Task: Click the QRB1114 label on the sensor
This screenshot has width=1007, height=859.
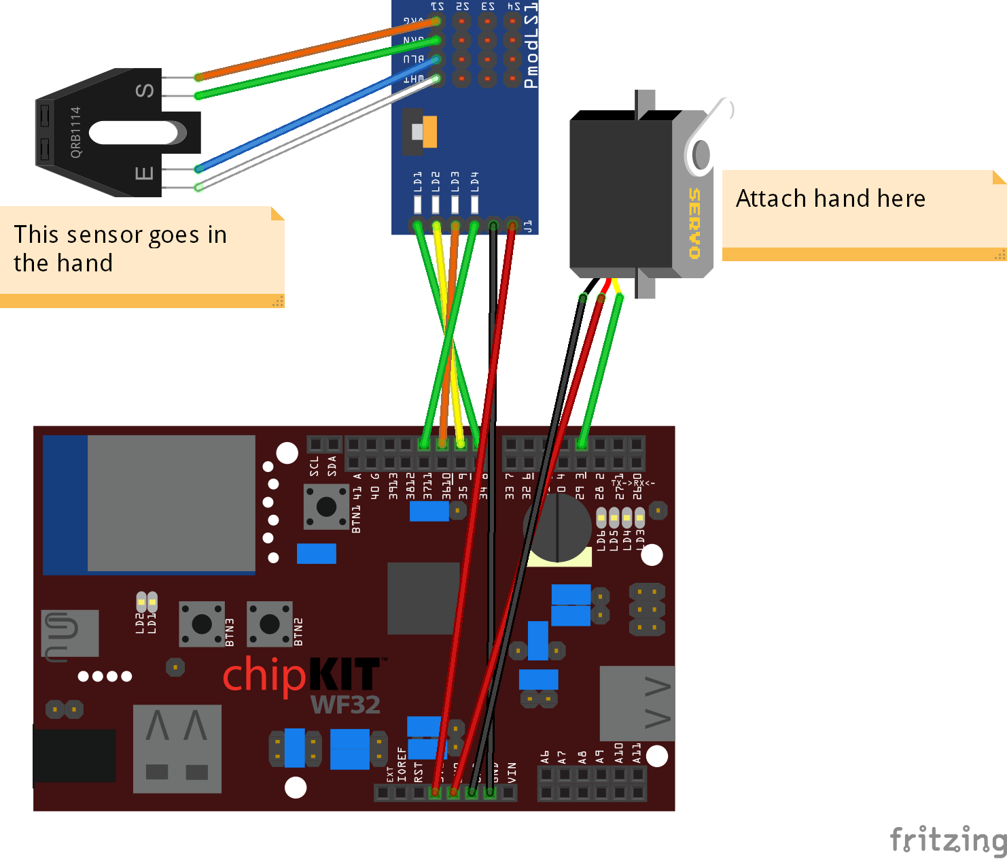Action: (x=75, y=132)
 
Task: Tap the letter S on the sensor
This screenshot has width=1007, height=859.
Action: (x=145, y=90)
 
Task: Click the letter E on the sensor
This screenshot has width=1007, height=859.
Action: (x=144, y=173)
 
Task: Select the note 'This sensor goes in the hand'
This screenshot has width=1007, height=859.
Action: (x=120, y=249)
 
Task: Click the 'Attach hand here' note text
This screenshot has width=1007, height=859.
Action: (x=830, y=199)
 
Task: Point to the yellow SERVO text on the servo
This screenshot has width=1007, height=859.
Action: (x=694, y=224)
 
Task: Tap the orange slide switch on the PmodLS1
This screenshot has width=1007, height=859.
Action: (x=429, y=132)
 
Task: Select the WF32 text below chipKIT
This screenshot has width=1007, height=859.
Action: (x=345, y=705)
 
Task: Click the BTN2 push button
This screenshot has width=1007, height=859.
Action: (x=270, y=624)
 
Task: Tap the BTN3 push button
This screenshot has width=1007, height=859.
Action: (x=202, y=624)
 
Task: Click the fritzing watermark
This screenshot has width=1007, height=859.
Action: (x=948, y=839)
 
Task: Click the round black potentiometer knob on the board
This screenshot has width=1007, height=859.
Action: (x=557, y=528)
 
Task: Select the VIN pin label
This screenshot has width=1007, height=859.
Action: (x=512, y=771)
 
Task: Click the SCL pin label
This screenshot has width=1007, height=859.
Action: (x=314, y=466)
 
